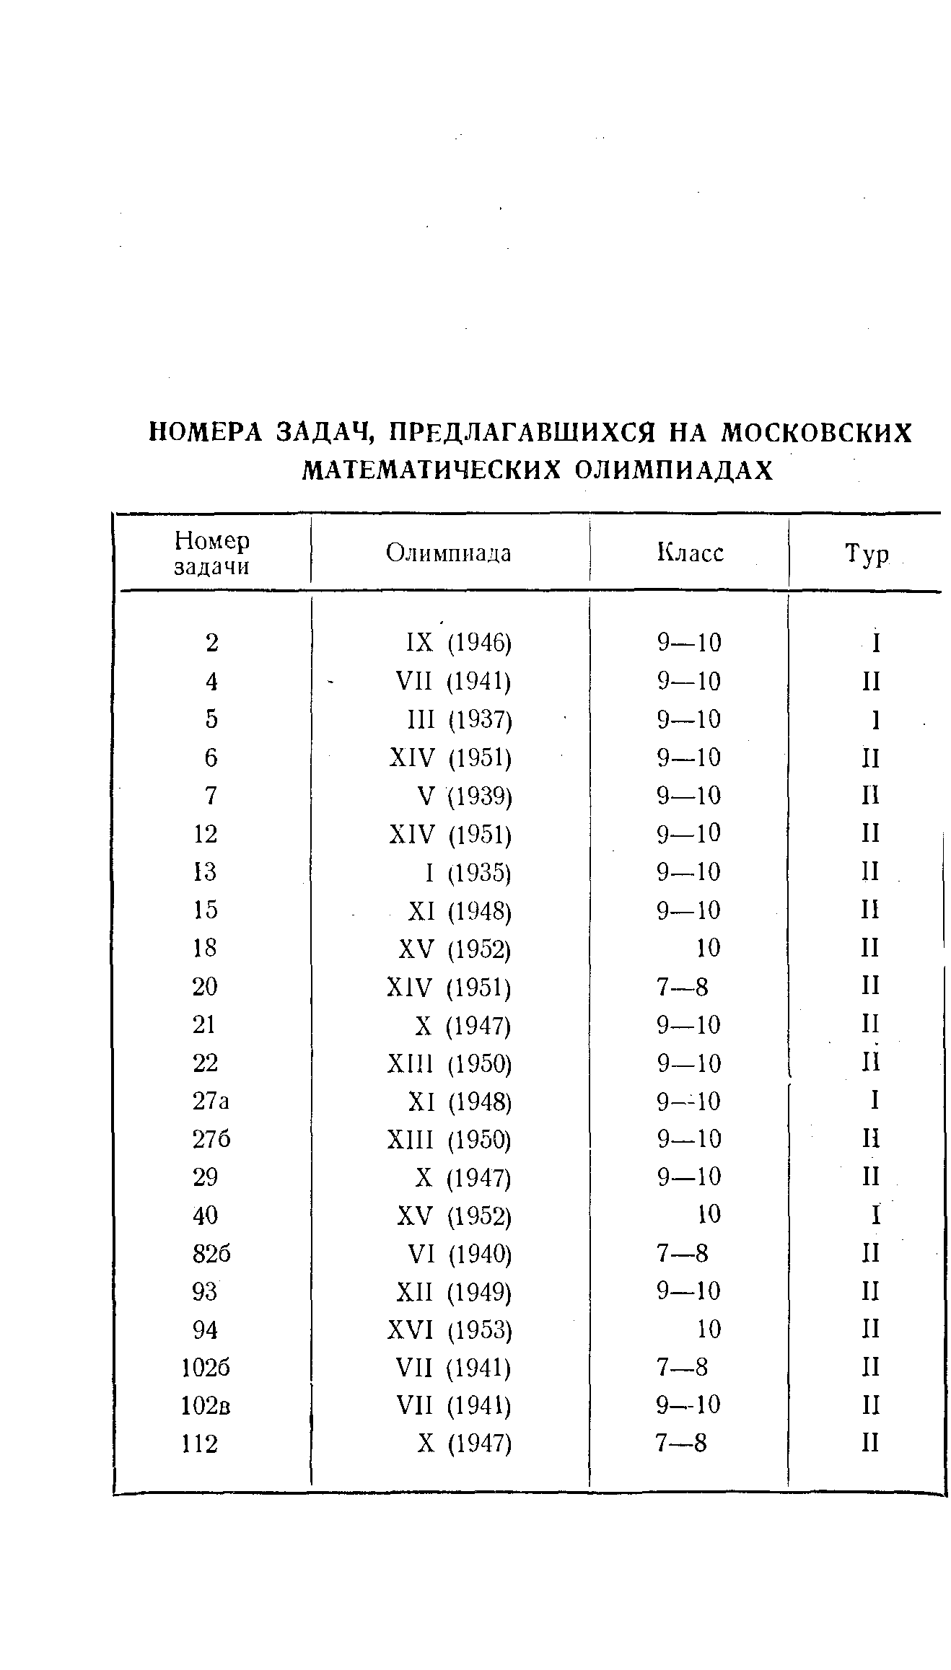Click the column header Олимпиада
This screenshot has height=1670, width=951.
pyautogui.click(x=448, y=553)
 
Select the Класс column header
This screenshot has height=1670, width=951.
pyautogui.click(x=690, y=553)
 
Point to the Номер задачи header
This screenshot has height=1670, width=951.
pyautogui.click(x=212, y=553)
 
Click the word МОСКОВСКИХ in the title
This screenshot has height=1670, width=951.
pyautogui.click(x=818, y=433)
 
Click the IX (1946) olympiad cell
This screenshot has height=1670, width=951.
pyautogui.click(x=458, y=643)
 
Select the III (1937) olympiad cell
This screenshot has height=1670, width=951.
pyautogui.click(x=460, y=720)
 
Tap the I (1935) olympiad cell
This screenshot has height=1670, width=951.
pyautogui.click(x=468, y=873)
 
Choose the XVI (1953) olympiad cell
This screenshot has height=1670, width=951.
pyautogui.click(x=450, y=1330)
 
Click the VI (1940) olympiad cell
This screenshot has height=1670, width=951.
pyautogui.click(x=460, y=1254)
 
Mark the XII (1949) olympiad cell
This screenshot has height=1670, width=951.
pyautogui.click(x=454, y=1291)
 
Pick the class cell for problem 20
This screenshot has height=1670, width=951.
pyautogui.click(x=682, y=986)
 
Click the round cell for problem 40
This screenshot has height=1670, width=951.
pyautogui.click(x=875, y=1216)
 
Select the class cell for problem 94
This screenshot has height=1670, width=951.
pyautogui.click(x=709, y=1330)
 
